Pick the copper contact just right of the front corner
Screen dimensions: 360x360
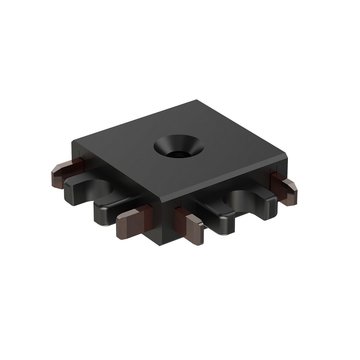[x=193, y=228]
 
